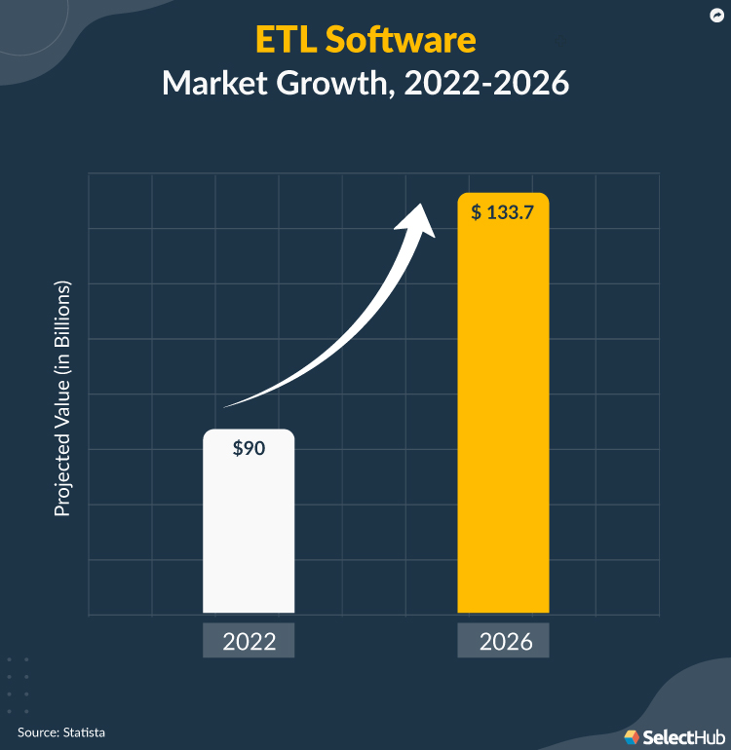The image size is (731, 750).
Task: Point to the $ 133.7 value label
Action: (x=502, y=213)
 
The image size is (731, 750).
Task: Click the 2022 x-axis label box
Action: (x=249, y=642)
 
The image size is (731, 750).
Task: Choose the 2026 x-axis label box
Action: (x=503, y=642)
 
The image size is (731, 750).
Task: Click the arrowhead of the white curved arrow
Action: (x=421, y=219)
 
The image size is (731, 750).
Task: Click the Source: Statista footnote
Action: (x=60, y=731)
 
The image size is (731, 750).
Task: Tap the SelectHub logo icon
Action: (x=632, y=735)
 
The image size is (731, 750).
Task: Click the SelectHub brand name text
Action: (x=680, y=735)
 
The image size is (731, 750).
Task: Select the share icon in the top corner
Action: (x=714, y=17)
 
